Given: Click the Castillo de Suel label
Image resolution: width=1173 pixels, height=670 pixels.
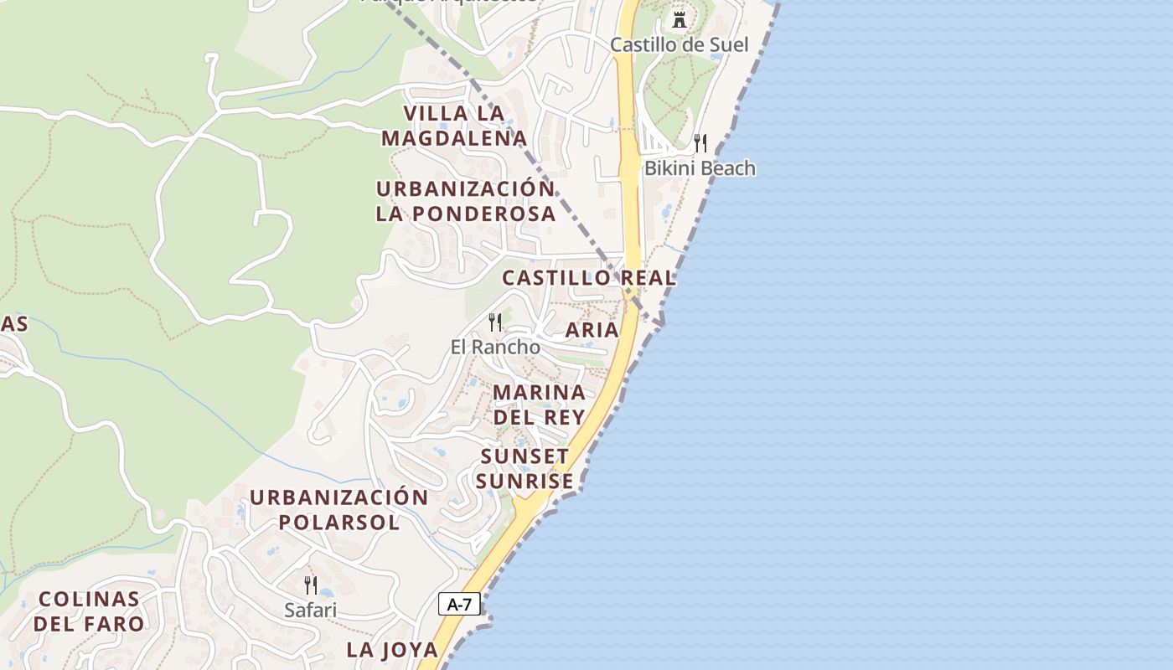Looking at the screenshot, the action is (x=679, y=44).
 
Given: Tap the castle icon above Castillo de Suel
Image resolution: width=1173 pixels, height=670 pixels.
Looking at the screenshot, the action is (x=680, y=19).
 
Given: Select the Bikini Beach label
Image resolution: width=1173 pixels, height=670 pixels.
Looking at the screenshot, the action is (x=699, y=168).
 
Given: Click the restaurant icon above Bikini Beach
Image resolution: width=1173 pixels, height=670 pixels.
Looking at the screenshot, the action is (x=700, y=143).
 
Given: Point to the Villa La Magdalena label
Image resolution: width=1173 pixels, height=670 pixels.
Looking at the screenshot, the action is (x=454, y=126).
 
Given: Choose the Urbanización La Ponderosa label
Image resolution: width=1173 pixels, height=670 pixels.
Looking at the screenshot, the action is (x=466, y=201).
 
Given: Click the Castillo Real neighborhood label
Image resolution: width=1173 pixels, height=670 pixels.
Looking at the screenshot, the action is (x=588, y=278).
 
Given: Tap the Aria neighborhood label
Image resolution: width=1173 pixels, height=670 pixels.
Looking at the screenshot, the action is (x=592, y=330).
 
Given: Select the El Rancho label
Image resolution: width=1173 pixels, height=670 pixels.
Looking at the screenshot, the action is (x=495, y=346).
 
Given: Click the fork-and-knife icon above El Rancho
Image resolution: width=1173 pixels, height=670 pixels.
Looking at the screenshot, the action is (x=495, y=322).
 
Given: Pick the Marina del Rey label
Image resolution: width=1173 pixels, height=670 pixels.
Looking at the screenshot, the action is (x=539, y=405).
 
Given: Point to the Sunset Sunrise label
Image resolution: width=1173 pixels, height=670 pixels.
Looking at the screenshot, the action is (x=525, y=469).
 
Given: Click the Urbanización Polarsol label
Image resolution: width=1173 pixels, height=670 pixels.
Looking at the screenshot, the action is (x=338, y=510).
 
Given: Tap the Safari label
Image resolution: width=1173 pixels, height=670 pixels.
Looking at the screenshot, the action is (x=310, y=610).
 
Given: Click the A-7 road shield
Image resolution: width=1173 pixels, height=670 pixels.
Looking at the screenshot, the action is (x=458, y=604).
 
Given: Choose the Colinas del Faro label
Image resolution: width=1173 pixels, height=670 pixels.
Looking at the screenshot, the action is (x=89, y=611).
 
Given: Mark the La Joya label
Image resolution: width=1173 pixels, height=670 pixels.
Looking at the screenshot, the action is (x=392, y=649).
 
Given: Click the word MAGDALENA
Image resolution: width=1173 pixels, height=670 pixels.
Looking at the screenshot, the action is (x=454, y=138).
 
